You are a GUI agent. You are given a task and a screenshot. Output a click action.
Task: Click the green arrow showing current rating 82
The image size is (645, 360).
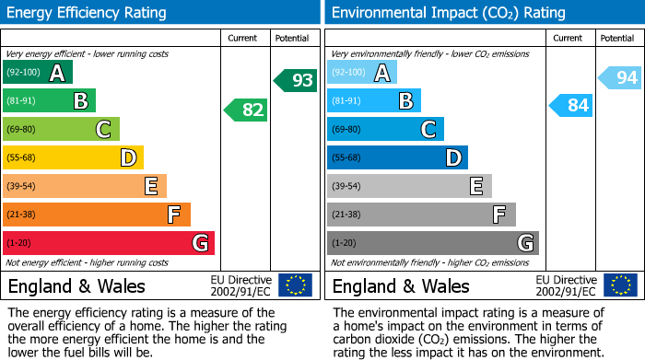click(x=247, y=110)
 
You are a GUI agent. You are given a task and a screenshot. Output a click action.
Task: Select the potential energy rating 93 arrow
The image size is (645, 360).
click(x=296, y=81)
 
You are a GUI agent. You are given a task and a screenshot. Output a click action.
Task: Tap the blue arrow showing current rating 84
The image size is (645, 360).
click(x=571, y=106)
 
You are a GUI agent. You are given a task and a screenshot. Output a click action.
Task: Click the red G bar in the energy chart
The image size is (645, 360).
click(x=108, y=243)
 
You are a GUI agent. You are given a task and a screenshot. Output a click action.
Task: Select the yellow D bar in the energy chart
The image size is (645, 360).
click(x=73, y=158)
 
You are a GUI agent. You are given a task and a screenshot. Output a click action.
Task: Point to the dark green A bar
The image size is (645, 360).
click(x=37, y=73)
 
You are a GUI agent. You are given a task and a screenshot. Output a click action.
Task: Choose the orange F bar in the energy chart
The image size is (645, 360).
click(x=97, y=215)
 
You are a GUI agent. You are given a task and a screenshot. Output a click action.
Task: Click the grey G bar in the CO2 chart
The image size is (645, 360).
click(x=432, y=243)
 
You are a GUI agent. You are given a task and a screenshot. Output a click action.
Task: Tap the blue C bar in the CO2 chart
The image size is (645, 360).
click(x=385, y=130)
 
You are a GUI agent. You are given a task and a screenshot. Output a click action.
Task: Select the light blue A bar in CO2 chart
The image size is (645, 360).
click(x=361, y=73)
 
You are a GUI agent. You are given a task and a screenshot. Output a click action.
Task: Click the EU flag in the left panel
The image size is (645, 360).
click(x=295, y=285)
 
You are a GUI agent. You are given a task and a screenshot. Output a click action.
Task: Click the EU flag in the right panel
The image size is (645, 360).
click(x=620, y=285)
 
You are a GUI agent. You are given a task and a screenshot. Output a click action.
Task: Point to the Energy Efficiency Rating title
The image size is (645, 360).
click(x=88, y=13)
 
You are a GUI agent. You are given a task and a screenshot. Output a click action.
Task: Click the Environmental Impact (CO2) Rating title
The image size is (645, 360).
click(x=448, y=13)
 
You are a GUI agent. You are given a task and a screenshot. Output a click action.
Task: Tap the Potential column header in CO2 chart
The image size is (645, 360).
click(x=616, y=38)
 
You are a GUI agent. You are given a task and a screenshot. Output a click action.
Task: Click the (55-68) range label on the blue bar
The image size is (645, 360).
click(x=346, y=158)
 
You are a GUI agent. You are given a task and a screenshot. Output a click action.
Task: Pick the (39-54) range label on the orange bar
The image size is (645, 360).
click(x=22, y=187)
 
